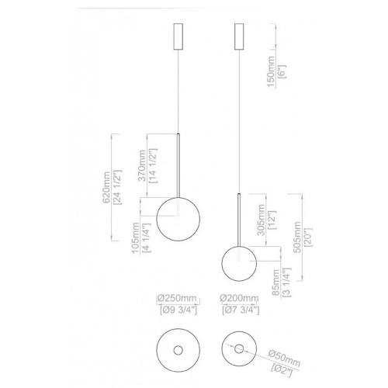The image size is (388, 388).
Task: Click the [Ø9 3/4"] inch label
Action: pos(178,311)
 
